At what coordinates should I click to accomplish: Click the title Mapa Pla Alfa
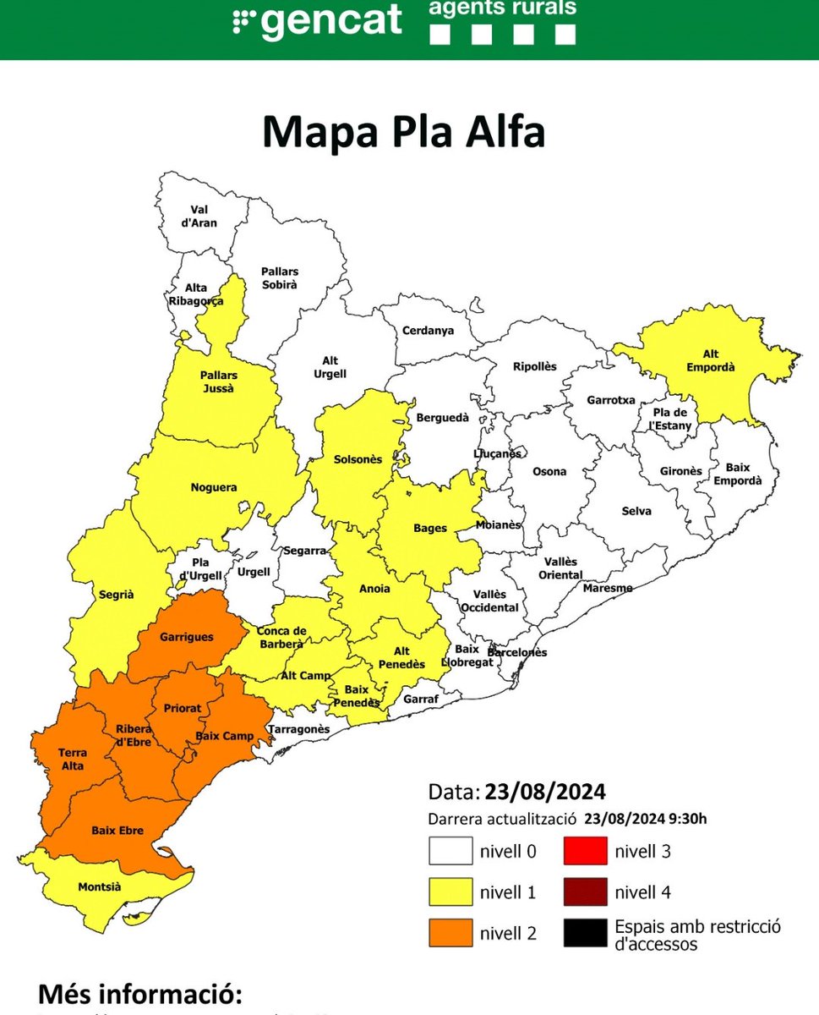click(x=403, y=133)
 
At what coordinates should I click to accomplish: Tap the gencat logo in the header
click(x=318, y=20)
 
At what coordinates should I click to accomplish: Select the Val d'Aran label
click(x=204, y=217)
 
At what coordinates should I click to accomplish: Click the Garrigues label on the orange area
click(x=187, y=637)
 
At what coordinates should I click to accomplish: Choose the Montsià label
click(x=99, y=887)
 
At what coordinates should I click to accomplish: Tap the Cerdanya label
click(x=428, y=331)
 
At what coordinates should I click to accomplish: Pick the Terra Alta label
click(x=72, y=759)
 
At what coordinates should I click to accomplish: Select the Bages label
click(x=430, y=528)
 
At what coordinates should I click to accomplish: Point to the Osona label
click(x=549, y=471)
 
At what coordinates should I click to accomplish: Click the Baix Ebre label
click(x=117, y=831)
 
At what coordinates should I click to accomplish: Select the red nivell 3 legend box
click(x=585, y=851)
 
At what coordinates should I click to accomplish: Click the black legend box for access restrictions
click(x=585, y=933)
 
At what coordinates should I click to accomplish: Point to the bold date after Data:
click(x=545, y=793)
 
